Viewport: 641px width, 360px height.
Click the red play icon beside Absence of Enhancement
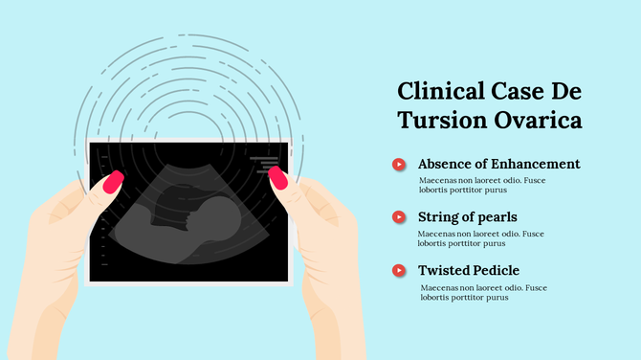point(398,165)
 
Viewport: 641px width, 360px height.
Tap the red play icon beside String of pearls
point(398,217)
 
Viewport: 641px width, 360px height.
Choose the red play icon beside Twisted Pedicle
point(398,271)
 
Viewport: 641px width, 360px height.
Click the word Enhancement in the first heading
point(533,164)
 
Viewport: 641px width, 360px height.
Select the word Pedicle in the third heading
point(497,271)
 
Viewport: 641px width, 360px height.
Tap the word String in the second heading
point(440,217)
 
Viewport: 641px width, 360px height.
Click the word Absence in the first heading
point(445,164)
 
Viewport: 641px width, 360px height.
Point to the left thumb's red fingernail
point(113,181)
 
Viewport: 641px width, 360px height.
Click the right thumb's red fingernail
point(278,178)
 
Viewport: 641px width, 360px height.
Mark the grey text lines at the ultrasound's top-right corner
point(265,164)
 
